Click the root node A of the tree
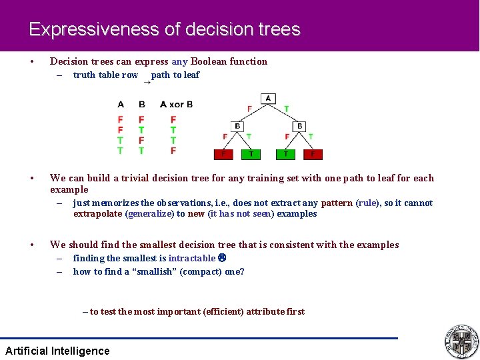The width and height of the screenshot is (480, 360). [x=268, y=99]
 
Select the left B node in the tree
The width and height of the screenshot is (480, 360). [x=237, y=126]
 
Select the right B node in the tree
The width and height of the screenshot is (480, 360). [x=299, y=126]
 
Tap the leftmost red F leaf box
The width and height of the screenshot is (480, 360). [x=223, y=154]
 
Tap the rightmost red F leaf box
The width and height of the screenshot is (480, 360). [x=313, y=154]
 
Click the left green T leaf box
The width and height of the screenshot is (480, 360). [x=251, y=154]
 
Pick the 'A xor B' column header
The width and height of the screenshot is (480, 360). [x=176, y=104]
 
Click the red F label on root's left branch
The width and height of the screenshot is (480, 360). [x=249, y=109]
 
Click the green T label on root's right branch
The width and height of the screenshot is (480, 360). [x=287, y=109]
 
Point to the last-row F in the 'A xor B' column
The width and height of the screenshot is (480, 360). [x=173, y=151]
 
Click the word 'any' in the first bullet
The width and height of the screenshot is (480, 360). [x=179, y=61]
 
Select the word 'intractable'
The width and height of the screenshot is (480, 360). [x=192, y=258]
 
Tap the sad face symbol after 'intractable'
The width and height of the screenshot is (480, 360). [x=222, y=258]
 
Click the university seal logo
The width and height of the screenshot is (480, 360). [x=461, y=341]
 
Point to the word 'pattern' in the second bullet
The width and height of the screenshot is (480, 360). [x=337, y=203]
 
